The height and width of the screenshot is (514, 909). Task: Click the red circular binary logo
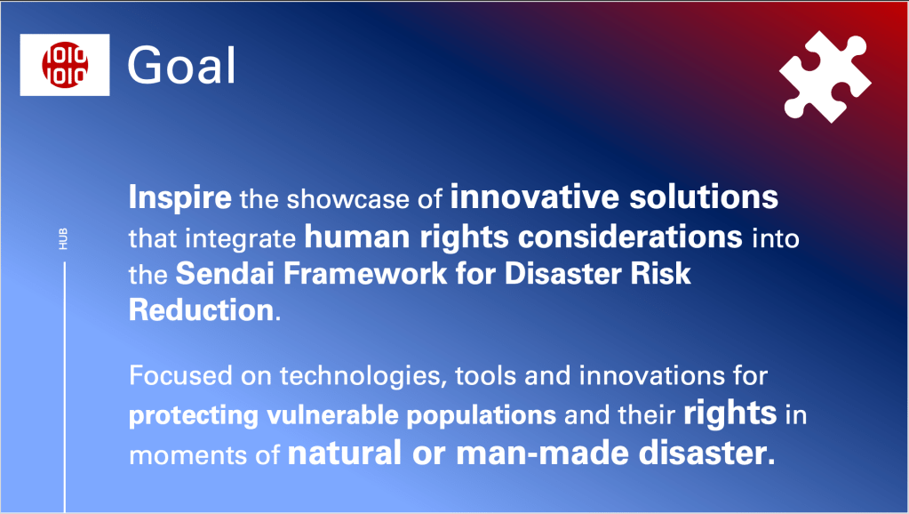64,64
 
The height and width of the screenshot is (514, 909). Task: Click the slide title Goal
181,65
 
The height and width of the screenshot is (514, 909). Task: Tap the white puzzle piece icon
825,76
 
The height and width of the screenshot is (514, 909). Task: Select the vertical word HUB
63,239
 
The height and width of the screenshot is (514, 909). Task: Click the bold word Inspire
179,197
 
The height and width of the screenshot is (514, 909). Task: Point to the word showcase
347,199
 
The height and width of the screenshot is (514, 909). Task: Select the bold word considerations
630,237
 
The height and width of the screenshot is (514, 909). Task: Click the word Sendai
225,273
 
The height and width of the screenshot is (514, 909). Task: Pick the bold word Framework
365,273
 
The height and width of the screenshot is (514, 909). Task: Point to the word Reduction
201,309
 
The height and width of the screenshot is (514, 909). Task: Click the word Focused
181,375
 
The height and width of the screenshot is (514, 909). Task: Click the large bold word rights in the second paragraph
730,414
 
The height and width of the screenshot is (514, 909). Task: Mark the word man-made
543,454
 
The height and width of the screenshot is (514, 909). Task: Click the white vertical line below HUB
64,387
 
